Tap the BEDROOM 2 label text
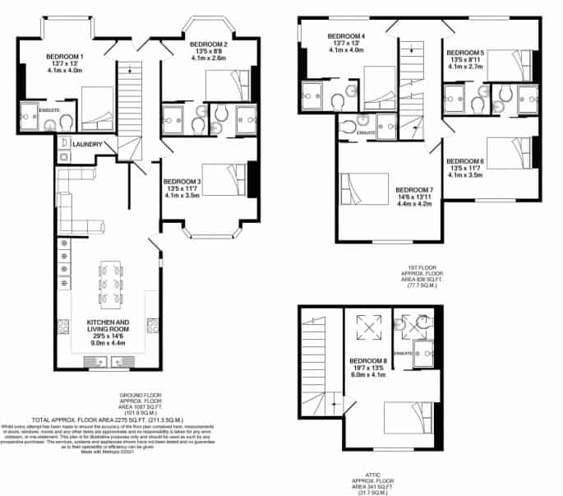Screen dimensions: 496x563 pyautogui.click(x=208, y=44)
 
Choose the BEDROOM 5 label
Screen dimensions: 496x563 pyautogui.click(x=466, y=53)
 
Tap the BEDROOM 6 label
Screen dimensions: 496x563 pyautogui.click(x=465, y=161)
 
